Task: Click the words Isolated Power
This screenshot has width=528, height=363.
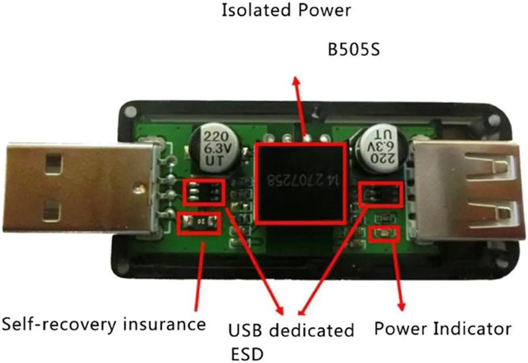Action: tap(286, 10)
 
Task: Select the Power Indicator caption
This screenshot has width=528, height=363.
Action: tap(442, 329)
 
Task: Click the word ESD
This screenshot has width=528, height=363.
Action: tap(246, 354)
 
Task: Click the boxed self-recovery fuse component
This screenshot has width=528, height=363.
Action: tap(198, 223)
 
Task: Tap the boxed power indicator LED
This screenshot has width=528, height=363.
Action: tap(384, 234)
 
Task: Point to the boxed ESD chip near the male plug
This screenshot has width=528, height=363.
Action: tap(204, 192)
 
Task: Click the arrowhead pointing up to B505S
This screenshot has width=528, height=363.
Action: tap(296, 81)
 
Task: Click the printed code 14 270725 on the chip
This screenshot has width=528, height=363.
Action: tap(300, 180)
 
